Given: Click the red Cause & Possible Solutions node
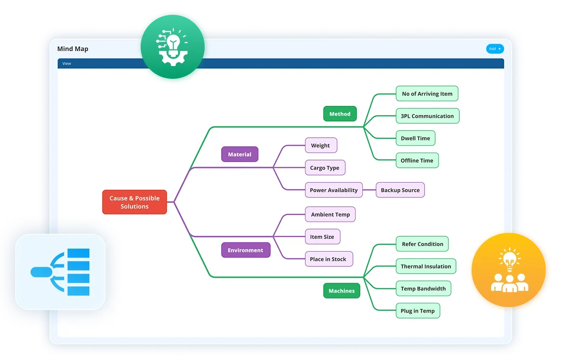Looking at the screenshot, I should coord(134,202).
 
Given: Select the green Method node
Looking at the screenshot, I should coord(340,114).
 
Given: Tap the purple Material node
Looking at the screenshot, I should coord(239,155).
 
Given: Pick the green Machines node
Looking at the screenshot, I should coord(341,291).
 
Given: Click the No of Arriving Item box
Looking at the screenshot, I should coord(427,94).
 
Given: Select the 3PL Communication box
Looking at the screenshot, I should coord(427,116).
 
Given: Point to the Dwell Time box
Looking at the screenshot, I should coord(415,138).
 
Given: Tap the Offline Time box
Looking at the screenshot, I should coord(417,161).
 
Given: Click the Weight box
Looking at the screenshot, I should coord(320,145).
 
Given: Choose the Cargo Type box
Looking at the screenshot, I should coord(325,168).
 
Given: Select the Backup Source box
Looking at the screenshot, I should coord(400,190).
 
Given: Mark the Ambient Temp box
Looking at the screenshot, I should coord(330,214).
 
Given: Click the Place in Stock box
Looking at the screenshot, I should coord(328,259).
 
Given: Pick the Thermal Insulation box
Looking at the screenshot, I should coord(426,266).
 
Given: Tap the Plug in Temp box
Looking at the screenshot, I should coord(417,311).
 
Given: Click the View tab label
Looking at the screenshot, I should coord(67,64).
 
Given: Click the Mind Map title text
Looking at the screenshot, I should coord(73,49).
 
